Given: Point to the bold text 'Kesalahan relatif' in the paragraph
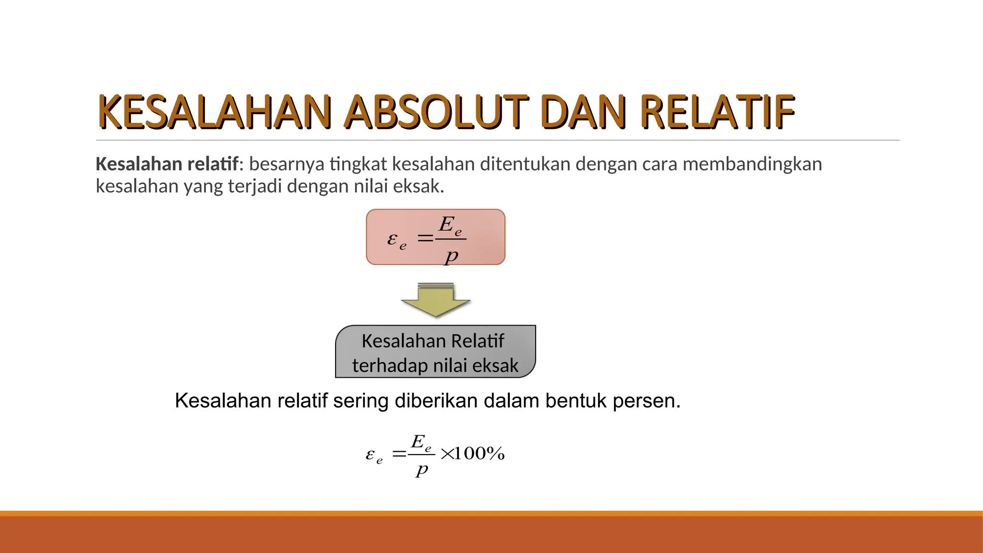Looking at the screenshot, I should point(167,164).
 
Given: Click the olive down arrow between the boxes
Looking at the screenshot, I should point(436,301).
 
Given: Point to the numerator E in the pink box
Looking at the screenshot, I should point(446,224).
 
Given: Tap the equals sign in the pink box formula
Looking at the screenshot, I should point(425,238).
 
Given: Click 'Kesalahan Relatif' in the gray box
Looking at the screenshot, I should point(432,341).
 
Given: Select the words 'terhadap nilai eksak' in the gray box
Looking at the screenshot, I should point(435,366).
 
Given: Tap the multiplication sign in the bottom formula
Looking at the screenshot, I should point(446,454).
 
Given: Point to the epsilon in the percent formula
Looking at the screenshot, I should point(370,454).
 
